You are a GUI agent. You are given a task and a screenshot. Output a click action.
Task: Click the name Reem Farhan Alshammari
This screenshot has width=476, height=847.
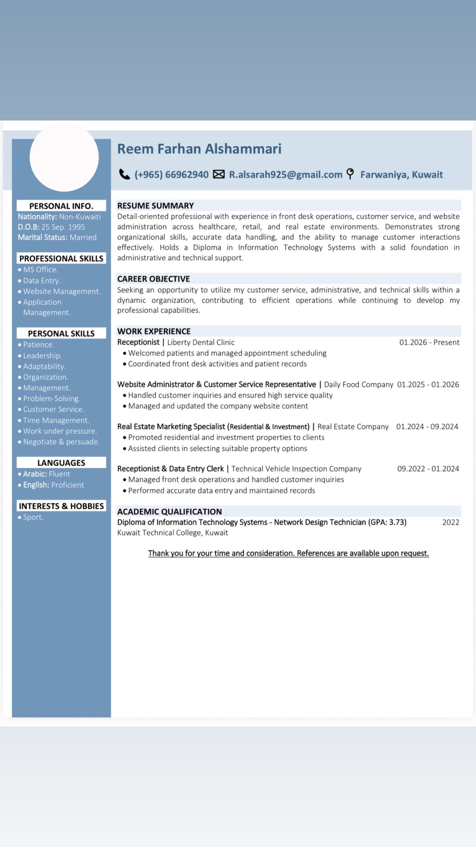pos(199,149)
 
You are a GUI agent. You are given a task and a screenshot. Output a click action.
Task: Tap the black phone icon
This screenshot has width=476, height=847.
pos(125,175)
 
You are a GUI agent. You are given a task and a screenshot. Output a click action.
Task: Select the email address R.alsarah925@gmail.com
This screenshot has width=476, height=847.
pos(286,175)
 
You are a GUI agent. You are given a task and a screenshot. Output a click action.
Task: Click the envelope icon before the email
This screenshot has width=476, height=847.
pos(218,175)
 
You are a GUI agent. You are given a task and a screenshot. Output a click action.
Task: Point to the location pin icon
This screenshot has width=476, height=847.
pos(350,174)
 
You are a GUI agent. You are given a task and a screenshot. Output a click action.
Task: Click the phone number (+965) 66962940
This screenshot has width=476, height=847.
pos(171,175)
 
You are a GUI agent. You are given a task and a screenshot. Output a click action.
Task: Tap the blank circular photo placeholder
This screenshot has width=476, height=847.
pos(64,157)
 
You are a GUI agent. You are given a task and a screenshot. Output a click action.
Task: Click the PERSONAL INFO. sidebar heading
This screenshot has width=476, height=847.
pos(61,206)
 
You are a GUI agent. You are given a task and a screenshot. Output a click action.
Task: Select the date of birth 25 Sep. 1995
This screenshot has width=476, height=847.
pos(63,227)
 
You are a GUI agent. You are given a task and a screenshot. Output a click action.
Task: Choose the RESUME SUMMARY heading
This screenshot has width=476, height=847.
pos(156,206)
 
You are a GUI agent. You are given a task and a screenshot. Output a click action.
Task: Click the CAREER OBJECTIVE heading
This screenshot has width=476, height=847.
pos(154,279)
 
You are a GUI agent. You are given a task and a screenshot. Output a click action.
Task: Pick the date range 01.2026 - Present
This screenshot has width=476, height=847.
pos(429,342)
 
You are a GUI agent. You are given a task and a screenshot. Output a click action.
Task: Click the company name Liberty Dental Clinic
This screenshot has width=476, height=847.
pos(201,342)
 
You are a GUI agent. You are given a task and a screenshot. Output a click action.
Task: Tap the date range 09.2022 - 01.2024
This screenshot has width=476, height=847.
pos(428,469)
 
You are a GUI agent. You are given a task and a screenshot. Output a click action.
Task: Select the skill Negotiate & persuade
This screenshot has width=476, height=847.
pos(61,442)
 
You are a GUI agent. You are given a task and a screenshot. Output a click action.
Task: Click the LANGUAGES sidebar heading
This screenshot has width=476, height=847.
pos(61,463)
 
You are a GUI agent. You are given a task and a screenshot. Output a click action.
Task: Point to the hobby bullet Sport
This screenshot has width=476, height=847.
pos(33,517)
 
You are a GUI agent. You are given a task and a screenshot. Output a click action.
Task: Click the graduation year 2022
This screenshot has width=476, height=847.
pos(451,522)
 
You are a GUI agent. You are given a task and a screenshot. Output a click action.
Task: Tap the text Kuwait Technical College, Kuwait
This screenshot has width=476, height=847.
pos(172,533)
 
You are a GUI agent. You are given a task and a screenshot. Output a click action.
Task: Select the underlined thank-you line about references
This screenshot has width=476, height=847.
pos(288,553)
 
